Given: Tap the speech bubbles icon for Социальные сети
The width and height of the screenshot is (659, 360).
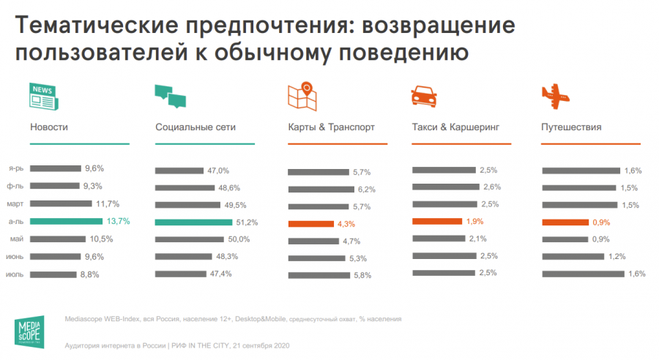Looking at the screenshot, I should tap(171, 96).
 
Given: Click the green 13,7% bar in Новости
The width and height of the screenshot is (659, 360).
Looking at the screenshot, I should tap(67, 221).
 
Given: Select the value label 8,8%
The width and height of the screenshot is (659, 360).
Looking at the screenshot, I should tap(89, 274).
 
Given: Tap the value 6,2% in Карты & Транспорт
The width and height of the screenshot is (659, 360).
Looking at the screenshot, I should tap(365, 190).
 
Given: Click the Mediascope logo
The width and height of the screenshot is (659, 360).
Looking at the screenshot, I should tap(30, 330).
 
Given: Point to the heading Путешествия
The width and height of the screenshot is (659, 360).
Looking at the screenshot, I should tap(571, 127).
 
